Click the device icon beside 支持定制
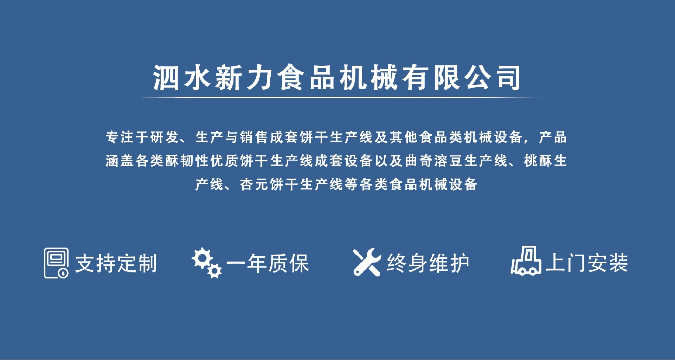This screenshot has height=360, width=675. (56, 263)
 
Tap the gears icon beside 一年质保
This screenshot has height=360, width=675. (207, 263)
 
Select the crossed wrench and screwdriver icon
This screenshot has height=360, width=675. (367, 262)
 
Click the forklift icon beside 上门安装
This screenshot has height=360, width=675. (526, 261)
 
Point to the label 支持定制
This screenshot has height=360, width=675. (116, 263)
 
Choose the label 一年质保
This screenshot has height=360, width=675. (268, 263)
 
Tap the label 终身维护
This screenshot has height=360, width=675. (428, 263)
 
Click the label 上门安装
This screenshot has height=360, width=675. (587, 263)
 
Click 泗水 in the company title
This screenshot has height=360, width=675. (182, 78)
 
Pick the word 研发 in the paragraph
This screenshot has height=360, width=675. (165, 137)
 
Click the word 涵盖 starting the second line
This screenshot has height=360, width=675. (120, 161)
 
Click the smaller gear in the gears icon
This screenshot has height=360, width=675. (214, 271)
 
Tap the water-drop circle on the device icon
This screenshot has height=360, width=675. (63, 273)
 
